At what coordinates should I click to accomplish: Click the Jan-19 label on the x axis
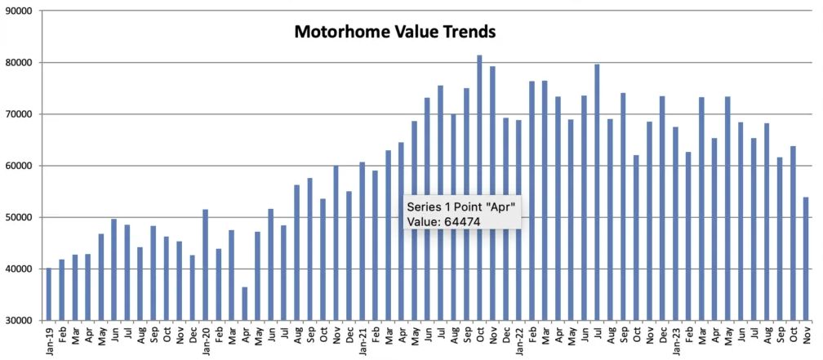tap(49, 340)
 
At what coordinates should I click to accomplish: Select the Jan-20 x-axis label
tap(206, 340)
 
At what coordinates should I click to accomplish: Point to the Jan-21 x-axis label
tap(362, 340)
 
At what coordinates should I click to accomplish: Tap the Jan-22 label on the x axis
tap(518, 340)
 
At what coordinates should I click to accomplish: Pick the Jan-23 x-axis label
tap(675, 340)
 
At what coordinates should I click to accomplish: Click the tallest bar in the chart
tap(479, 188)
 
